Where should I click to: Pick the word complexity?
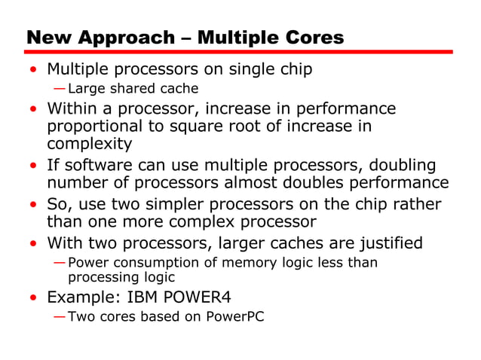point(89,143)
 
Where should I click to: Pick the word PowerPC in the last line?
point(234,316)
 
